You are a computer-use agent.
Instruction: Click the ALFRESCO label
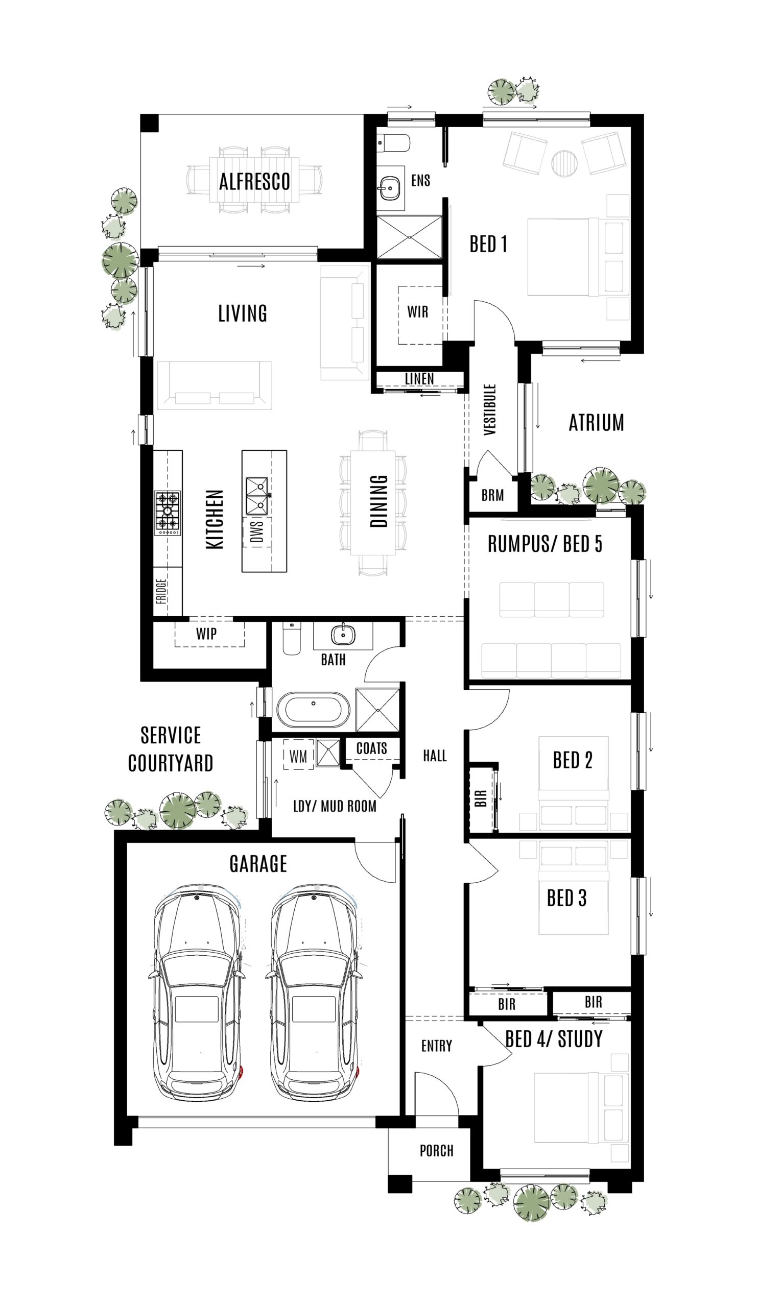tap(254, 182)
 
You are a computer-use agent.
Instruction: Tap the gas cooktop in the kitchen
tap(167, 513)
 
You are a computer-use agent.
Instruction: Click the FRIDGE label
tap(161, 591)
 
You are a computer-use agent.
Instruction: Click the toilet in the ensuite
tap(394, 142)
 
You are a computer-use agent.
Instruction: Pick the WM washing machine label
tap(298, 757)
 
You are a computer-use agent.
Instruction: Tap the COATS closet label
tap(371, 748)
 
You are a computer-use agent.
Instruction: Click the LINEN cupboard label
tap(419, 379)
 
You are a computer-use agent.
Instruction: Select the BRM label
tap(492, 495)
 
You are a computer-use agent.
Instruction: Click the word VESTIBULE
tap(490, 409)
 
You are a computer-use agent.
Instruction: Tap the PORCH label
tap(436, 1150)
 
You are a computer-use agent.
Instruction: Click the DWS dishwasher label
tap(257, 531)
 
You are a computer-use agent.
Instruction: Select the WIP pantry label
tap(206, 633)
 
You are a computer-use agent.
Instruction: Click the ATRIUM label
tap(596, 423)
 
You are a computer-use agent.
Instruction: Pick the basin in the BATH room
tap(343, 634)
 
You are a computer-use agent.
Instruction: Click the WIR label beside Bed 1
tap(418, 312)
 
